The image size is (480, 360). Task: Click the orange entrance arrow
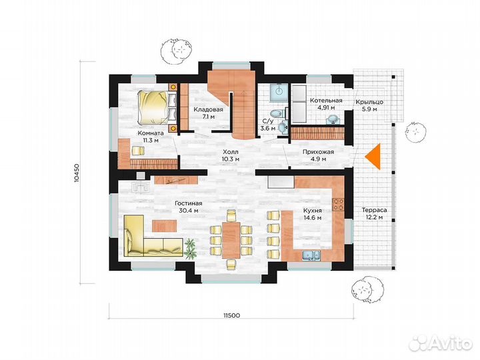pos(375,157)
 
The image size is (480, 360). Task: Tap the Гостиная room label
pos(188,203)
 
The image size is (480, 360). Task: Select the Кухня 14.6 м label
pos(312,214)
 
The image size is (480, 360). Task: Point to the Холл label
pos(231,152)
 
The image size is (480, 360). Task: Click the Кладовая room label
pos(208,109)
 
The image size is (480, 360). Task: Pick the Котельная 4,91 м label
pos(326,104)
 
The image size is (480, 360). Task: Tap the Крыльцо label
pos(369,102)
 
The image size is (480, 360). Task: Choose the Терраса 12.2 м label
pos(375,214)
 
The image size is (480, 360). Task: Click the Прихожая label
pos(319,152)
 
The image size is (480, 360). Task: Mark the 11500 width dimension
pos(232,315)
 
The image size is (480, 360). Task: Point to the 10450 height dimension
pos(77,173)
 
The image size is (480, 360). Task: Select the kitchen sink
pos(311,255)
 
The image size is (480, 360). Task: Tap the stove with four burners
pos(338,205)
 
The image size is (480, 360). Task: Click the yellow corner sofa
pos(153,236)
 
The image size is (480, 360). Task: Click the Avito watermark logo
pos(441,342)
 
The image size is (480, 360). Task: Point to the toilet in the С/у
pos(278,114)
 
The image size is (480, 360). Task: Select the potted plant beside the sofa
pos(191,248)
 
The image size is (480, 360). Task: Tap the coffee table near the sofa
pos(164,225)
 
